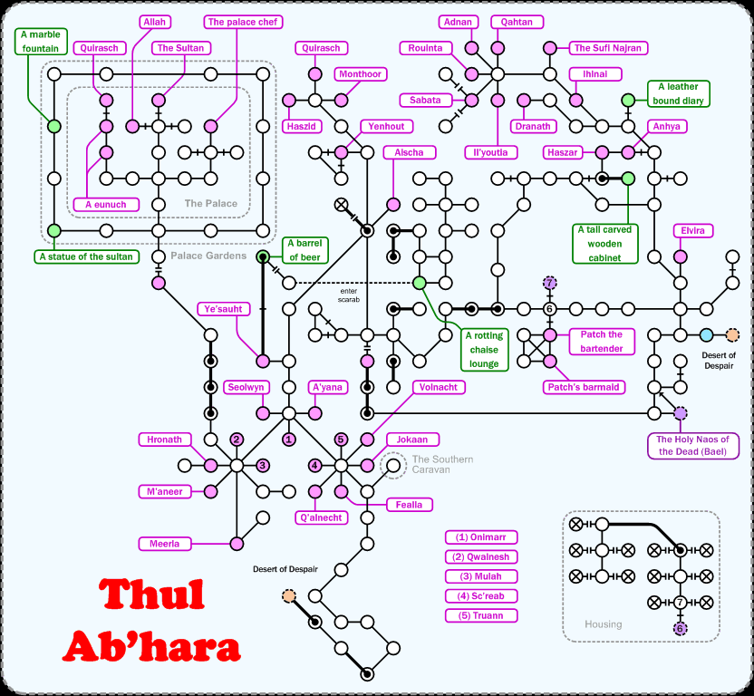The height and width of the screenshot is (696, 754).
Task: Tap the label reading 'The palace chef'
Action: click(x=245, y=21)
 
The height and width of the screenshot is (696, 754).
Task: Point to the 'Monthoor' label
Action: click(x=360, y=74)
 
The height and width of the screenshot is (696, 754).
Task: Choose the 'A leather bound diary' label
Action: click(x=678, y=93)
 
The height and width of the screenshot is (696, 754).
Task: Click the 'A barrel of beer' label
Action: click(x=306, y=250)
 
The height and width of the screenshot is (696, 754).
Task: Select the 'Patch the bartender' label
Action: click(x=602, y=341)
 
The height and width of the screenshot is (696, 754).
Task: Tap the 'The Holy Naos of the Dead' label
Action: click(x=692, y=445)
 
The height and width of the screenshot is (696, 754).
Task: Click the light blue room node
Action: click(x=707, y=335)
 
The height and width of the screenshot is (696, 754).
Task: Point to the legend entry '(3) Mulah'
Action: click(x=481, y=576)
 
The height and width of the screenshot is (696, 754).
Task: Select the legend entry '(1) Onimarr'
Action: click(x=481, y=536)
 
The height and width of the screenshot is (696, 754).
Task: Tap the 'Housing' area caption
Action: click(x=604, y=623)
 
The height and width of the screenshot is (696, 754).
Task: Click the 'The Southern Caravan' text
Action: click(x=442, y=465)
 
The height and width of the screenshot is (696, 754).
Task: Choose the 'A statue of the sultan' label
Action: click(x=86, y=256)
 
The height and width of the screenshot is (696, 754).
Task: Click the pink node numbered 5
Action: click(x=341, y=440)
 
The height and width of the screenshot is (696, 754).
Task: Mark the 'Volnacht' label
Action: click(x=440, y=387)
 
